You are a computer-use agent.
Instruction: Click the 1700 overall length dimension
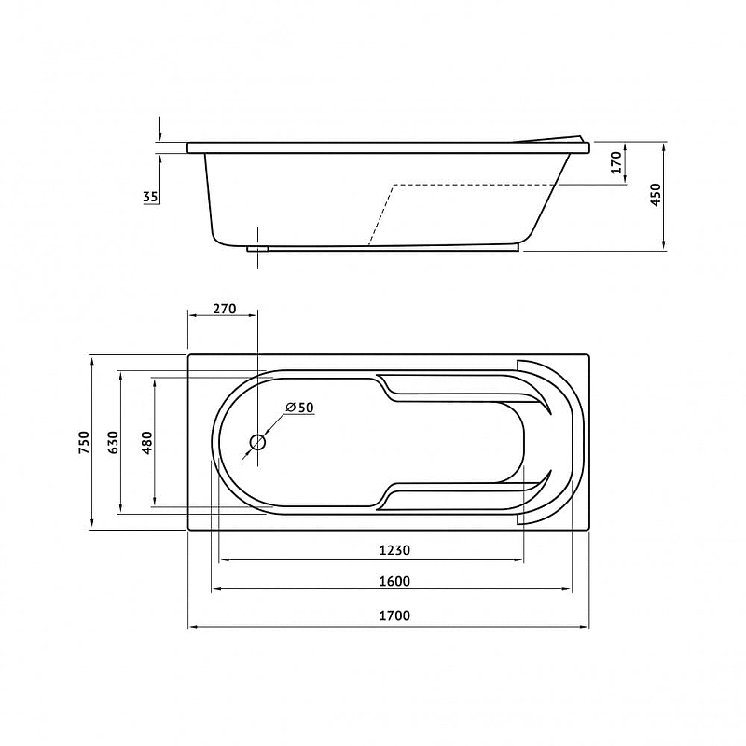[x=394, y=615]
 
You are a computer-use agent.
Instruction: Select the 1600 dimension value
[x=394, y=581]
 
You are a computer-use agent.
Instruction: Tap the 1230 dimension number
[x=394, y=550]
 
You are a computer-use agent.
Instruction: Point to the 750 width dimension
[x=84, y=442]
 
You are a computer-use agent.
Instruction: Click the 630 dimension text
[x=113, y=442]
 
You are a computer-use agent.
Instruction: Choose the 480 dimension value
[x=148, y=442]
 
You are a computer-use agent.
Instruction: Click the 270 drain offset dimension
[x=224, y=310]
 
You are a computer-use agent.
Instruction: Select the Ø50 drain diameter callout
[x=299, y=408]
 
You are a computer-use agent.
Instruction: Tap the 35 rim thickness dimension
[x=151, y=197]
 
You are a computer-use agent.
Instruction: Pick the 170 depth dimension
[x=616, y=162]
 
